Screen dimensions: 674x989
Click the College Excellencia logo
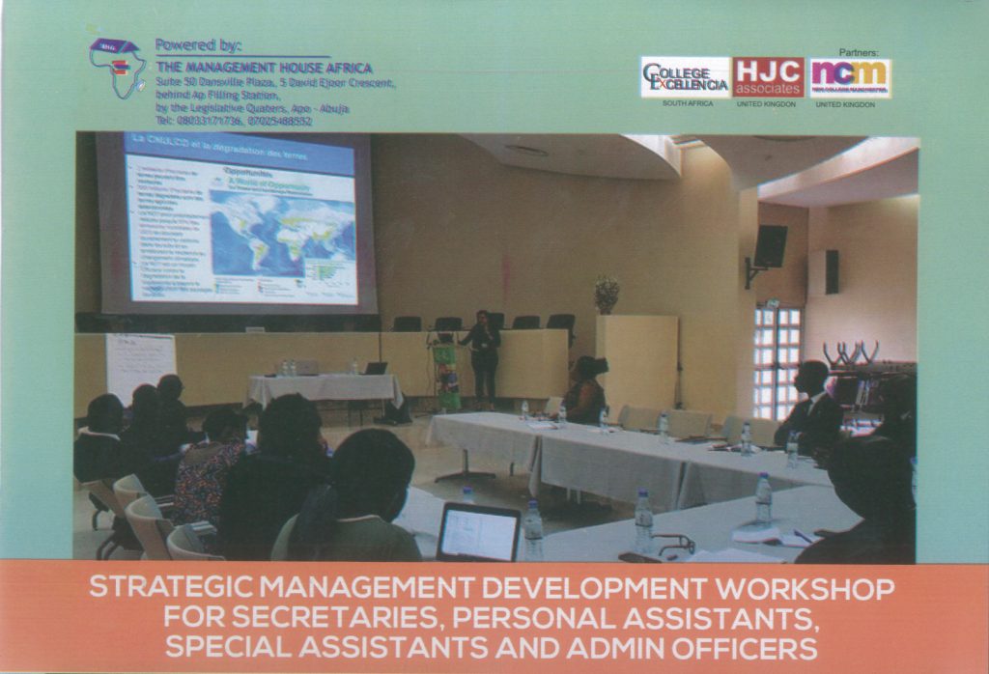tap(686, 77)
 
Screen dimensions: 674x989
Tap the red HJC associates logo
tap(768, 77)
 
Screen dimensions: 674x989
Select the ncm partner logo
tap(850, 77)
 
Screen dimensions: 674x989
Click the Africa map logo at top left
tap(118, 68)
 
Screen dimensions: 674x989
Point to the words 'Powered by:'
tap(199, 45)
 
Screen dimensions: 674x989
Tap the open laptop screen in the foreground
tap(478, 532)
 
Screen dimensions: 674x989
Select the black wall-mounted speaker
tap(770, 246)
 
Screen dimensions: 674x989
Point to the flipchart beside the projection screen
tap(140, 367)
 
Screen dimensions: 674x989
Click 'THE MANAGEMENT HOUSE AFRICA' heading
tap(263, 69)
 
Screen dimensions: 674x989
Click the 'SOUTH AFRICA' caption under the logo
tap(686, 103)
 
